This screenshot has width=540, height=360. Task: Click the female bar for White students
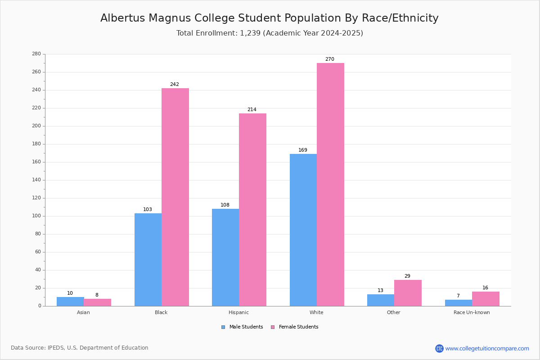[330, 184]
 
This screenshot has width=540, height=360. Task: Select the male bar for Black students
[148, 260]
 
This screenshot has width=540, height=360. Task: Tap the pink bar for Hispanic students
[252, 210]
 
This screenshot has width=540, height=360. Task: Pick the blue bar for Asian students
[70, 301]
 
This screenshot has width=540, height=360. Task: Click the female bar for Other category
[408, 293]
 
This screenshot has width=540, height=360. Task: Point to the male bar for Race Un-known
[459, 303]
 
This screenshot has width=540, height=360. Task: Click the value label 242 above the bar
[175, 84]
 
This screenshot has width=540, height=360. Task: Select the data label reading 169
[303, 150]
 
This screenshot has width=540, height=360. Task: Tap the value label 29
[407, 276]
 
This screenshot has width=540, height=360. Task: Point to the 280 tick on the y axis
[36, 54]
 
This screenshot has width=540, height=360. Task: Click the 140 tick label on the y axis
[36, 180]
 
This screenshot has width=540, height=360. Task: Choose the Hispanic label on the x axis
[238, 312]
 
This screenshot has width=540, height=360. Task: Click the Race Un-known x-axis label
[472, 312]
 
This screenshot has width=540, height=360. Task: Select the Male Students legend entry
[242, 327]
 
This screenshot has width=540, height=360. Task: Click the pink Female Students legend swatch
[273, 327]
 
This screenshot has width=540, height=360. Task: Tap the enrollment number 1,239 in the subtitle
[250, 33]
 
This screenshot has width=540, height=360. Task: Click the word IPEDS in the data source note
[56, 348]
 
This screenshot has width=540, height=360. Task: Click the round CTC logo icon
[439, 348]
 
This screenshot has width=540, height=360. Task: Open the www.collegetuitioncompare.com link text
[487, 349]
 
